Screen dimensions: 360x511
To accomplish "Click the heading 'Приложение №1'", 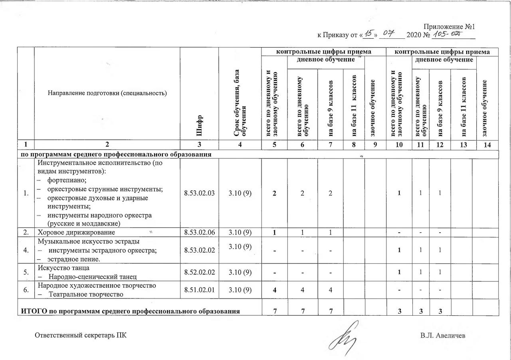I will click(x=449, y=27).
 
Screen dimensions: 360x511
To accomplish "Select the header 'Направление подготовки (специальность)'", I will click(x=107, y=93).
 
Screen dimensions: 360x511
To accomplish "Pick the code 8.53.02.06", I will click(x=199, y=232).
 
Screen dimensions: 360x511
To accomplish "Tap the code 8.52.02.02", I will click(x=199, y=271).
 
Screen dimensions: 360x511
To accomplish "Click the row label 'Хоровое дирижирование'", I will click(x=76, y=232).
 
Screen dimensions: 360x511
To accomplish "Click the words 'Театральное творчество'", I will click(x=86, y=294).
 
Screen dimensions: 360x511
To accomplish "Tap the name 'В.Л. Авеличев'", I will click(x=442, y=335).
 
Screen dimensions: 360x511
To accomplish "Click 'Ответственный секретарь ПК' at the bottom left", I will click(x=81, y=335).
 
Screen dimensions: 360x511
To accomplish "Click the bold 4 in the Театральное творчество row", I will click(x=275, y=290).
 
